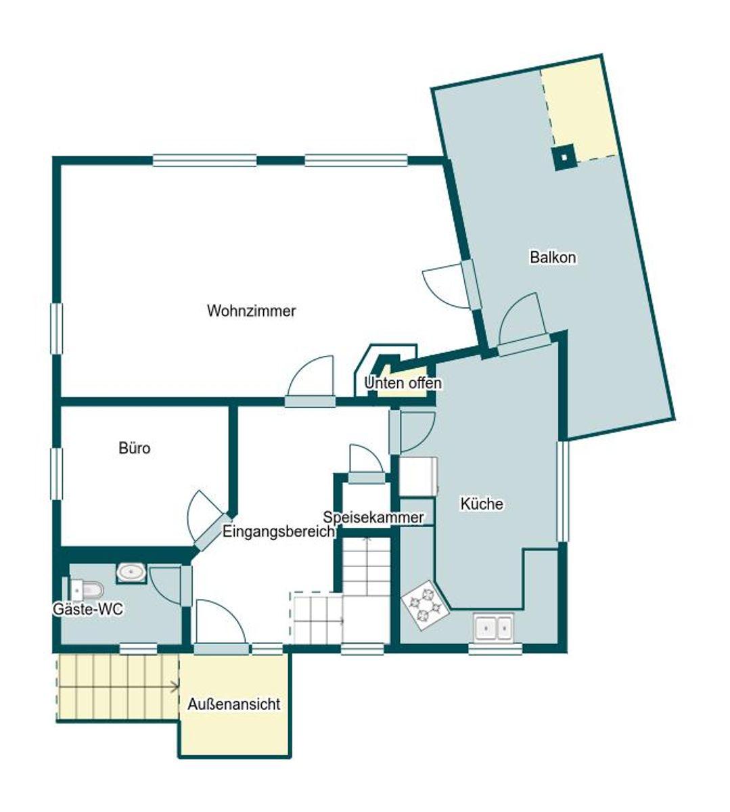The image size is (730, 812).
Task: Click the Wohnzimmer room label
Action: tap(251, 311)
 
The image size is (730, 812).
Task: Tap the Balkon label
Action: tap(553, 257)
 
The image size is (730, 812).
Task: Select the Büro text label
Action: tap(134, 448)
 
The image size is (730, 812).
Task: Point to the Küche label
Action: tap(482, 504)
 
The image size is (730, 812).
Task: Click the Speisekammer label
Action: tap(373, 518)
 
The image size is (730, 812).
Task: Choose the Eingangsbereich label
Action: tap(279, 532)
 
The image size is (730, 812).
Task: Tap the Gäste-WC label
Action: tap(88, 609)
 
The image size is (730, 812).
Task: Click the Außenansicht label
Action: tap(233, 704)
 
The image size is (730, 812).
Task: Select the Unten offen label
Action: tap(403, 383)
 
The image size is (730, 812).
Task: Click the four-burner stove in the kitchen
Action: tap(424, 604)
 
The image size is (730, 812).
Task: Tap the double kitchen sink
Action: tap(493, 627)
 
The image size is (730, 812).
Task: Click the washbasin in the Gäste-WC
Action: tap(131, 572)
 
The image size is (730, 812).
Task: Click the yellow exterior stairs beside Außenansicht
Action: tap(116, 687)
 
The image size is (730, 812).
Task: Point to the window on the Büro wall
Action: tap(57, 474)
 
